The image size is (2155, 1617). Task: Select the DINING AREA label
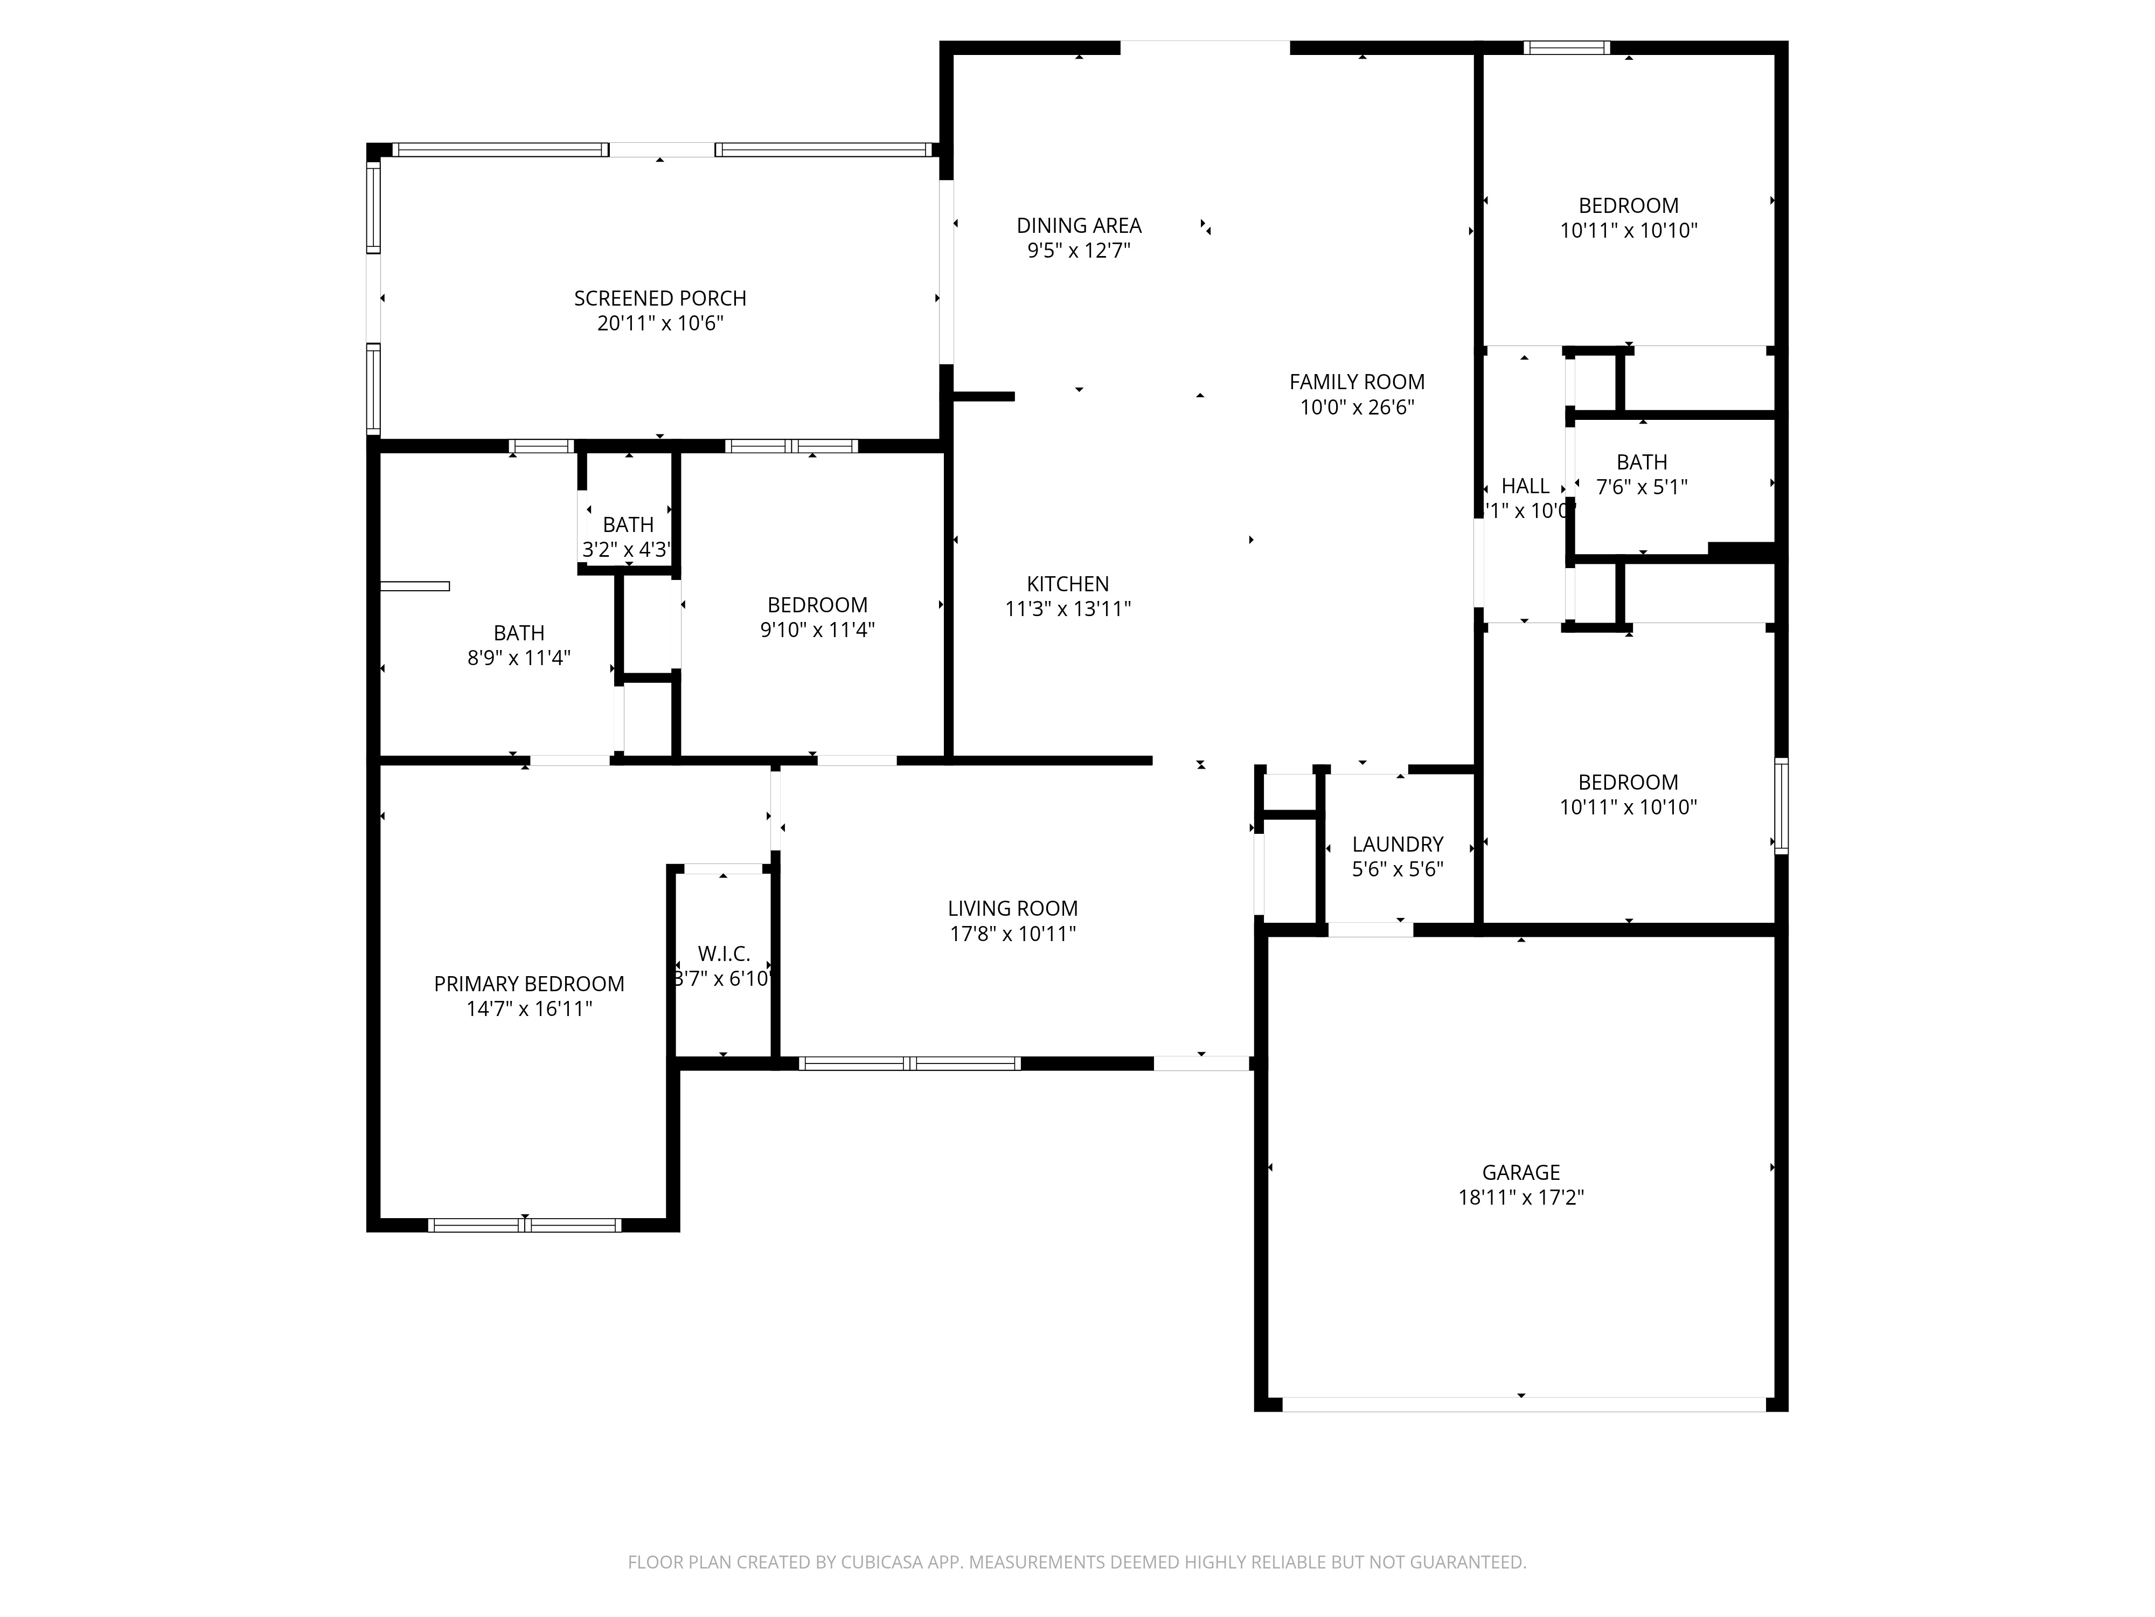(x=1079, y=225)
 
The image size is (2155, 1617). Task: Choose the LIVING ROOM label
(x=1012, y=908)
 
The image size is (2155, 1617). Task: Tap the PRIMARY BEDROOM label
(x=529, y=984)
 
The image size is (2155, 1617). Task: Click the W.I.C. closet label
(x=724, y=954)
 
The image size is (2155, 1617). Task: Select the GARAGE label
(x=1521, y=1172)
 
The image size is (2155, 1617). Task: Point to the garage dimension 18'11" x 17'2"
(x=1521, y=1198)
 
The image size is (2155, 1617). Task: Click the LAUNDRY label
(x=1397, y=844)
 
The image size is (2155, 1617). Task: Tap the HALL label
(x=1525, y=486)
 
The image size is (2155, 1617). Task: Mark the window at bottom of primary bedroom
(x=524, y=1225)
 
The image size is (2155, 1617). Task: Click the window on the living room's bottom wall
(x=909, y=1063)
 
